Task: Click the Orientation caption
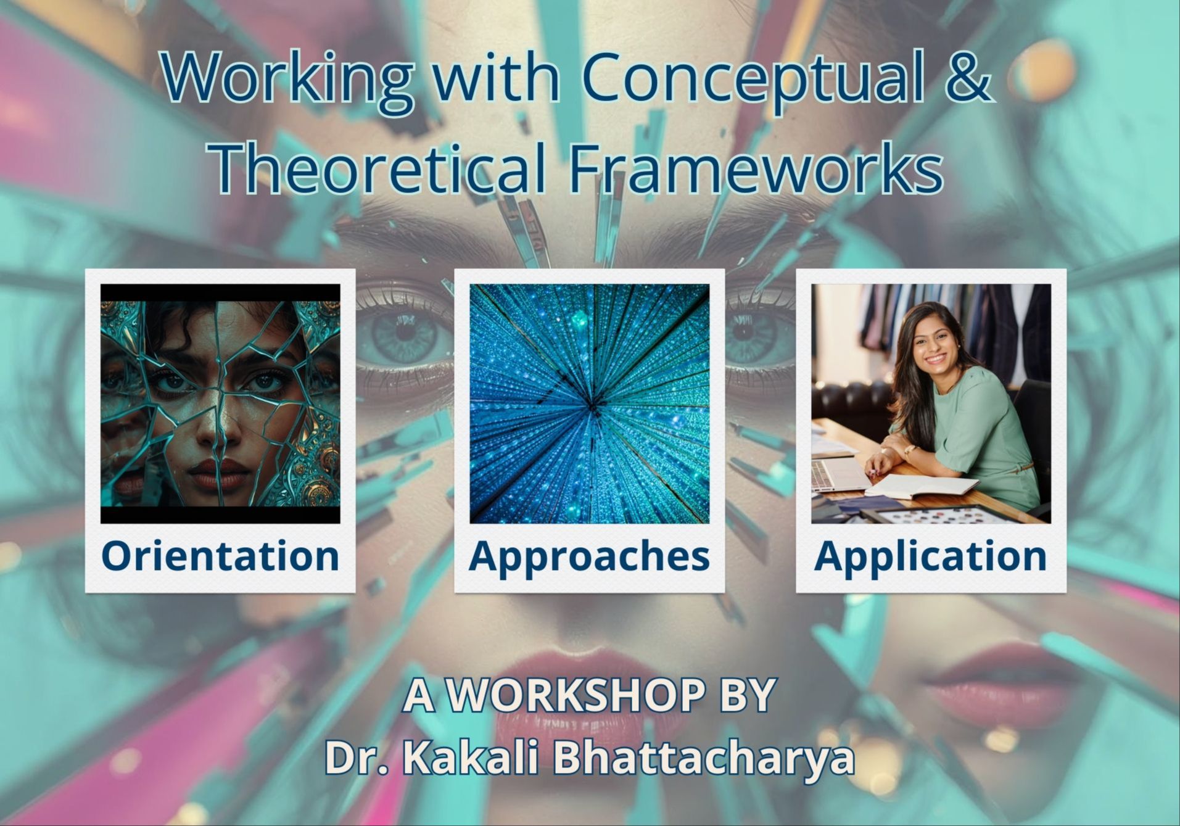[x=220, y=556]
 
